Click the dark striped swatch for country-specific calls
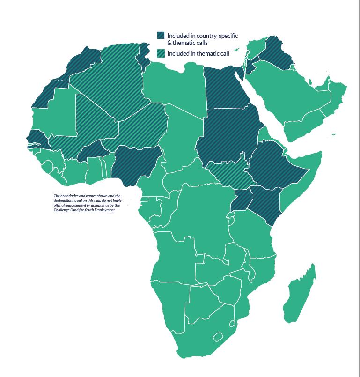tap(161, 36)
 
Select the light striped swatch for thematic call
tap(161, 53)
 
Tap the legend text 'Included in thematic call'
tap(198, 53)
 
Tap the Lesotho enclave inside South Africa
tap(217, 337)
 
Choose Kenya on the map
tap(264, 201)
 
